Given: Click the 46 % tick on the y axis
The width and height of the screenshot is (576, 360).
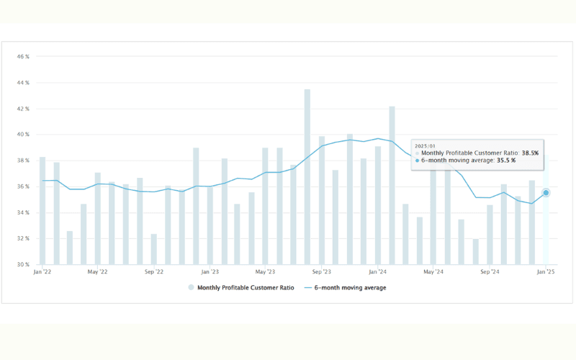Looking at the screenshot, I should tap(22, 56).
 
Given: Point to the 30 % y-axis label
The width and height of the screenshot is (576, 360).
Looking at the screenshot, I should tap(22, 264).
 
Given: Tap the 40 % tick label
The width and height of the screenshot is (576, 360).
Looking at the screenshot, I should tap(22, 135).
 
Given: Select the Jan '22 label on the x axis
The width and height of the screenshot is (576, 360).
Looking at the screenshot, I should tap(42, 272).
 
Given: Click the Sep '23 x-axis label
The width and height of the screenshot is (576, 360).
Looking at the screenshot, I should tap(321, 272).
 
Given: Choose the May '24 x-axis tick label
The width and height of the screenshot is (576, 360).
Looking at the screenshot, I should tap(433, 272).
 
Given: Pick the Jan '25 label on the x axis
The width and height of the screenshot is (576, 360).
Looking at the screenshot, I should tap(545, 272).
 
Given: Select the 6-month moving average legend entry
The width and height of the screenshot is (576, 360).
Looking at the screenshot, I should tap(345, 287).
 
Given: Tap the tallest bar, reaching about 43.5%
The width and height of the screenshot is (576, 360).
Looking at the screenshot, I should tap(307, 176).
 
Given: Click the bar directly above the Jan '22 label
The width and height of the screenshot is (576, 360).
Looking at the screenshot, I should tap(42, 210).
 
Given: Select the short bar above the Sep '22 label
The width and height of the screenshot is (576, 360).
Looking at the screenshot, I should tap(154, 249).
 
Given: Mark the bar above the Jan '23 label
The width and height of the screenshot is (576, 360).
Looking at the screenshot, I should tap(210, 225).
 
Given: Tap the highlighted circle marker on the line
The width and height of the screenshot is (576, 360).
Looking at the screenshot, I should tap(546, 192).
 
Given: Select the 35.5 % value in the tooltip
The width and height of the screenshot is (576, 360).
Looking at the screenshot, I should tap(503, 161).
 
